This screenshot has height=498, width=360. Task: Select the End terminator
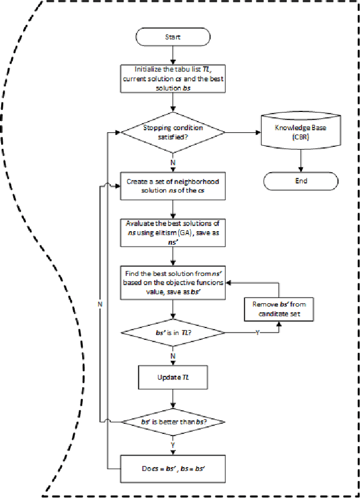[x=301, y=181]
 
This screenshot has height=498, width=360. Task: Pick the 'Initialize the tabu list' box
[x=173, y=79]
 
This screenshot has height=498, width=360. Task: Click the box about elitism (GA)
[x=173, y=231]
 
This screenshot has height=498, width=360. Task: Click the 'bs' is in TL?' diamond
[x=173, y=333]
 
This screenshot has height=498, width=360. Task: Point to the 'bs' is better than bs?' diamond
[x=173, y=421]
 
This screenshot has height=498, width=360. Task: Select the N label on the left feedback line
[x=99, y=303]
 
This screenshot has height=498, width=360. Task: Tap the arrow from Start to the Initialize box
[x=173, y=54]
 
